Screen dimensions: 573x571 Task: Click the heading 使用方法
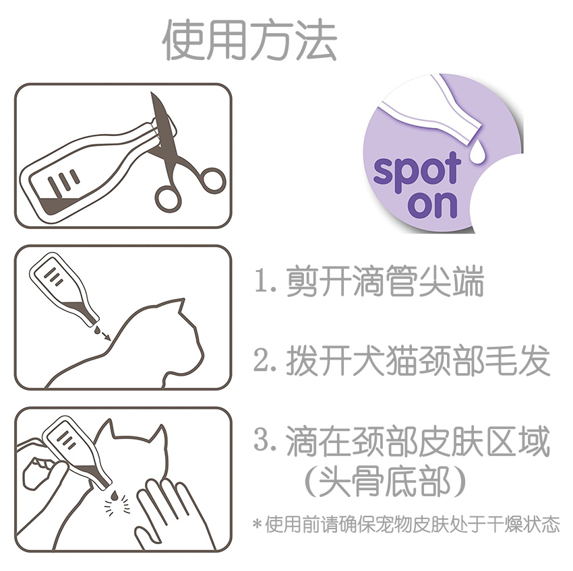249,40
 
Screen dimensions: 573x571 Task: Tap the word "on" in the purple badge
432,205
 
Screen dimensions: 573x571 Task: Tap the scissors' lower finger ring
168,199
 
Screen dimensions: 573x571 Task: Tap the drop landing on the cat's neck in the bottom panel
115,495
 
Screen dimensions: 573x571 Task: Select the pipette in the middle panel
64,288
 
